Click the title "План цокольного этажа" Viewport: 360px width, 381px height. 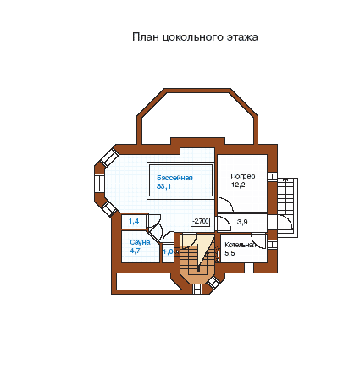click(195, 37)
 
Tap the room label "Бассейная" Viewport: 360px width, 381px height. click(174, 178)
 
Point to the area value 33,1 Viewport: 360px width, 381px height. click(163, 186)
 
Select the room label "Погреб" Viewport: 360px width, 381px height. click(243, 176)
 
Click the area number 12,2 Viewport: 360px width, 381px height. click(238, 185)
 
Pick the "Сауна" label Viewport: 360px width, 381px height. click(140, 242)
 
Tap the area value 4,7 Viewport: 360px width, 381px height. click(135, 251)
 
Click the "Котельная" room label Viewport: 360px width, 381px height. click(241, 245)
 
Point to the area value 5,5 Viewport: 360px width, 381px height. click(230, 253)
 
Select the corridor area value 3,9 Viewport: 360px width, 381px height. click(242, 222)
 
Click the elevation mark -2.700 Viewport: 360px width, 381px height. click(201, 222)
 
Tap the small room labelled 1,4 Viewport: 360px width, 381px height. click(134, 221)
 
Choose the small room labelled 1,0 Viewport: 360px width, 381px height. click(168, 251)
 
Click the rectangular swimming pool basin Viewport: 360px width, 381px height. click(180, 181)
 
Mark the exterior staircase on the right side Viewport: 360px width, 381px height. click(287, 207)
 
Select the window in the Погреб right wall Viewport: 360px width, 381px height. click(273, 177)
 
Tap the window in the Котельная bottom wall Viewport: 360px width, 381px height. click(249, 268)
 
